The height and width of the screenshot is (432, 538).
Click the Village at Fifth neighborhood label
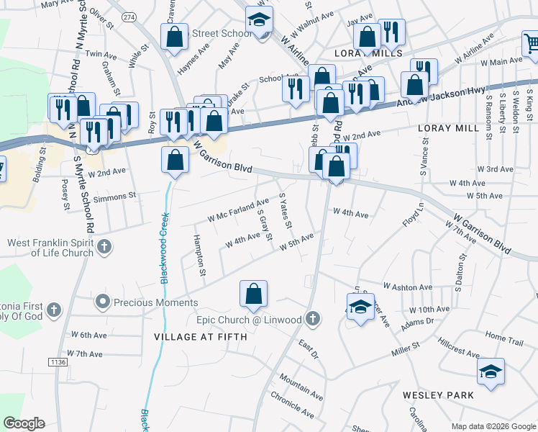[x=200, y=336]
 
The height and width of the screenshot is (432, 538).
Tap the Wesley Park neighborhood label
[x=437, y=395]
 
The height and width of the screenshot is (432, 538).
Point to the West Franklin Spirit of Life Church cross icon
[x=104, y=248]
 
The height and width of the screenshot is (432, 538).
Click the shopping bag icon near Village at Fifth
[x=253, y=294]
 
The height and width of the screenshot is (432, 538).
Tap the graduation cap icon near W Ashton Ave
[x=360, y=307]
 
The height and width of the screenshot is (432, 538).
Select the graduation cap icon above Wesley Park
[x=491, y=372]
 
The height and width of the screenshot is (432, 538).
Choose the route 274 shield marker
[x=129, y=17]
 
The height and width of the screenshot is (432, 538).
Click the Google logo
[x=24, y=423]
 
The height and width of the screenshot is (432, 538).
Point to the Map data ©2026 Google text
[x=493, y=426]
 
